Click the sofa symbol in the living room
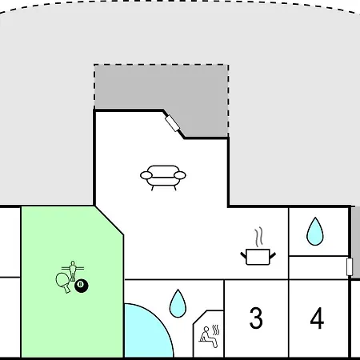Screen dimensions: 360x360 [x=163, y=178]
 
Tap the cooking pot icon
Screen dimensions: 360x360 [x=258, y=257]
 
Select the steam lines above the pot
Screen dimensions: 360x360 [x=258, y=237]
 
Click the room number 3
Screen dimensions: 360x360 [x=256, y=318]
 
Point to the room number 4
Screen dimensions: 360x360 [x=317, y=318]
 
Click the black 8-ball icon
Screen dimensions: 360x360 [x=81, y=286]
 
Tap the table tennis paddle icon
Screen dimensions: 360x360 [x=63, y=282]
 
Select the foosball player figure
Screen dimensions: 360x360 [x=73, y=270]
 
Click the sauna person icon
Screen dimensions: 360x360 [x=208, y=337]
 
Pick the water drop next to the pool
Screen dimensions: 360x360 [x=178, y=304]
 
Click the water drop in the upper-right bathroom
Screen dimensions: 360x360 [x=315, y=231]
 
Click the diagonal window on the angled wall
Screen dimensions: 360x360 [x=172, y=123]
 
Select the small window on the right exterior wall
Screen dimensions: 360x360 [x=350, y=266]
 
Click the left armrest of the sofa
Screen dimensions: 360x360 [x=146, y=175]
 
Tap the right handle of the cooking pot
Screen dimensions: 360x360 [x=273, y=256]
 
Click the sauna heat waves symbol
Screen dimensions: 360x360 [x=216, y=330]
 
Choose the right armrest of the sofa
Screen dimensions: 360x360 [x=180, y=175]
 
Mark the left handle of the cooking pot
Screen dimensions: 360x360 [x=244, y=255]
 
